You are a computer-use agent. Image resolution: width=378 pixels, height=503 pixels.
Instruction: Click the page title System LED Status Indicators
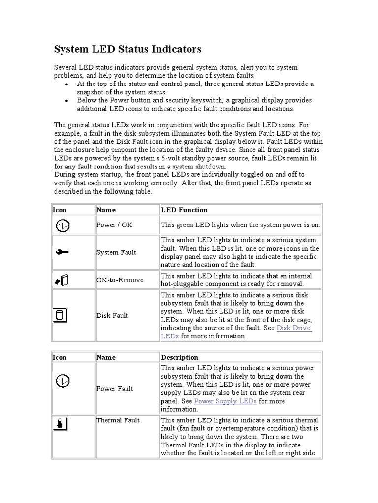127,50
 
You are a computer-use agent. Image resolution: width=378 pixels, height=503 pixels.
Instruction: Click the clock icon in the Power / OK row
62,225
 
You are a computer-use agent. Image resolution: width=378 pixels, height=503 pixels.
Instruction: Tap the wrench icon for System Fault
62,252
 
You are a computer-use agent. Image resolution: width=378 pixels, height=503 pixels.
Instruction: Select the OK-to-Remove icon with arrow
62,280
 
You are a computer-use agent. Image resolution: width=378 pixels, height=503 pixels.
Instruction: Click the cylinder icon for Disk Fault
60,315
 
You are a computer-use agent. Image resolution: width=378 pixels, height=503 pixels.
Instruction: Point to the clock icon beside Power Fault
62,380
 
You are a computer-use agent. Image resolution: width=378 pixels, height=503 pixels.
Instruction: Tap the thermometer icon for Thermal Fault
60,423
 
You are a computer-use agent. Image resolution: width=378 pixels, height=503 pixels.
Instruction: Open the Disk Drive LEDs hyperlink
293,328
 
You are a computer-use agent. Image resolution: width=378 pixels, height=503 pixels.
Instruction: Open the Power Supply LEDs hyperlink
225,401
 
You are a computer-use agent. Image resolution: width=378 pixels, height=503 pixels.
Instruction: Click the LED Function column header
185,210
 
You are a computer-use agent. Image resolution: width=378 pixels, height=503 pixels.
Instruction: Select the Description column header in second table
180,357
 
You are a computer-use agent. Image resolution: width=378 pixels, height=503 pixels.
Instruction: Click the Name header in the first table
106,210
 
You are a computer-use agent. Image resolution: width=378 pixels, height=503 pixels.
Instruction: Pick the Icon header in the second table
60,357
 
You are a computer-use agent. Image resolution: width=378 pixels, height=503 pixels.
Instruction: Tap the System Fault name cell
116,252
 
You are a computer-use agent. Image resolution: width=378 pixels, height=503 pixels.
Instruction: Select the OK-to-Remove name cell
120,280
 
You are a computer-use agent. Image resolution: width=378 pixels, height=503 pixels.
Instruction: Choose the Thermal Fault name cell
118,420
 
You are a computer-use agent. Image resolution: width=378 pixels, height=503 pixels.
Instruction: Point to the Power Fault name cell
115,389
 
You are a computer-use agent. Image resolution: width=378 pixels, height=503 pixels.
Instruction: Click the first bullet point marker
66,84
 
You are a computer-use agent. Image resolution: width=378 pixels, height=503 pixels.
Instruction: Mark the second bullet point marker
66,101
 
